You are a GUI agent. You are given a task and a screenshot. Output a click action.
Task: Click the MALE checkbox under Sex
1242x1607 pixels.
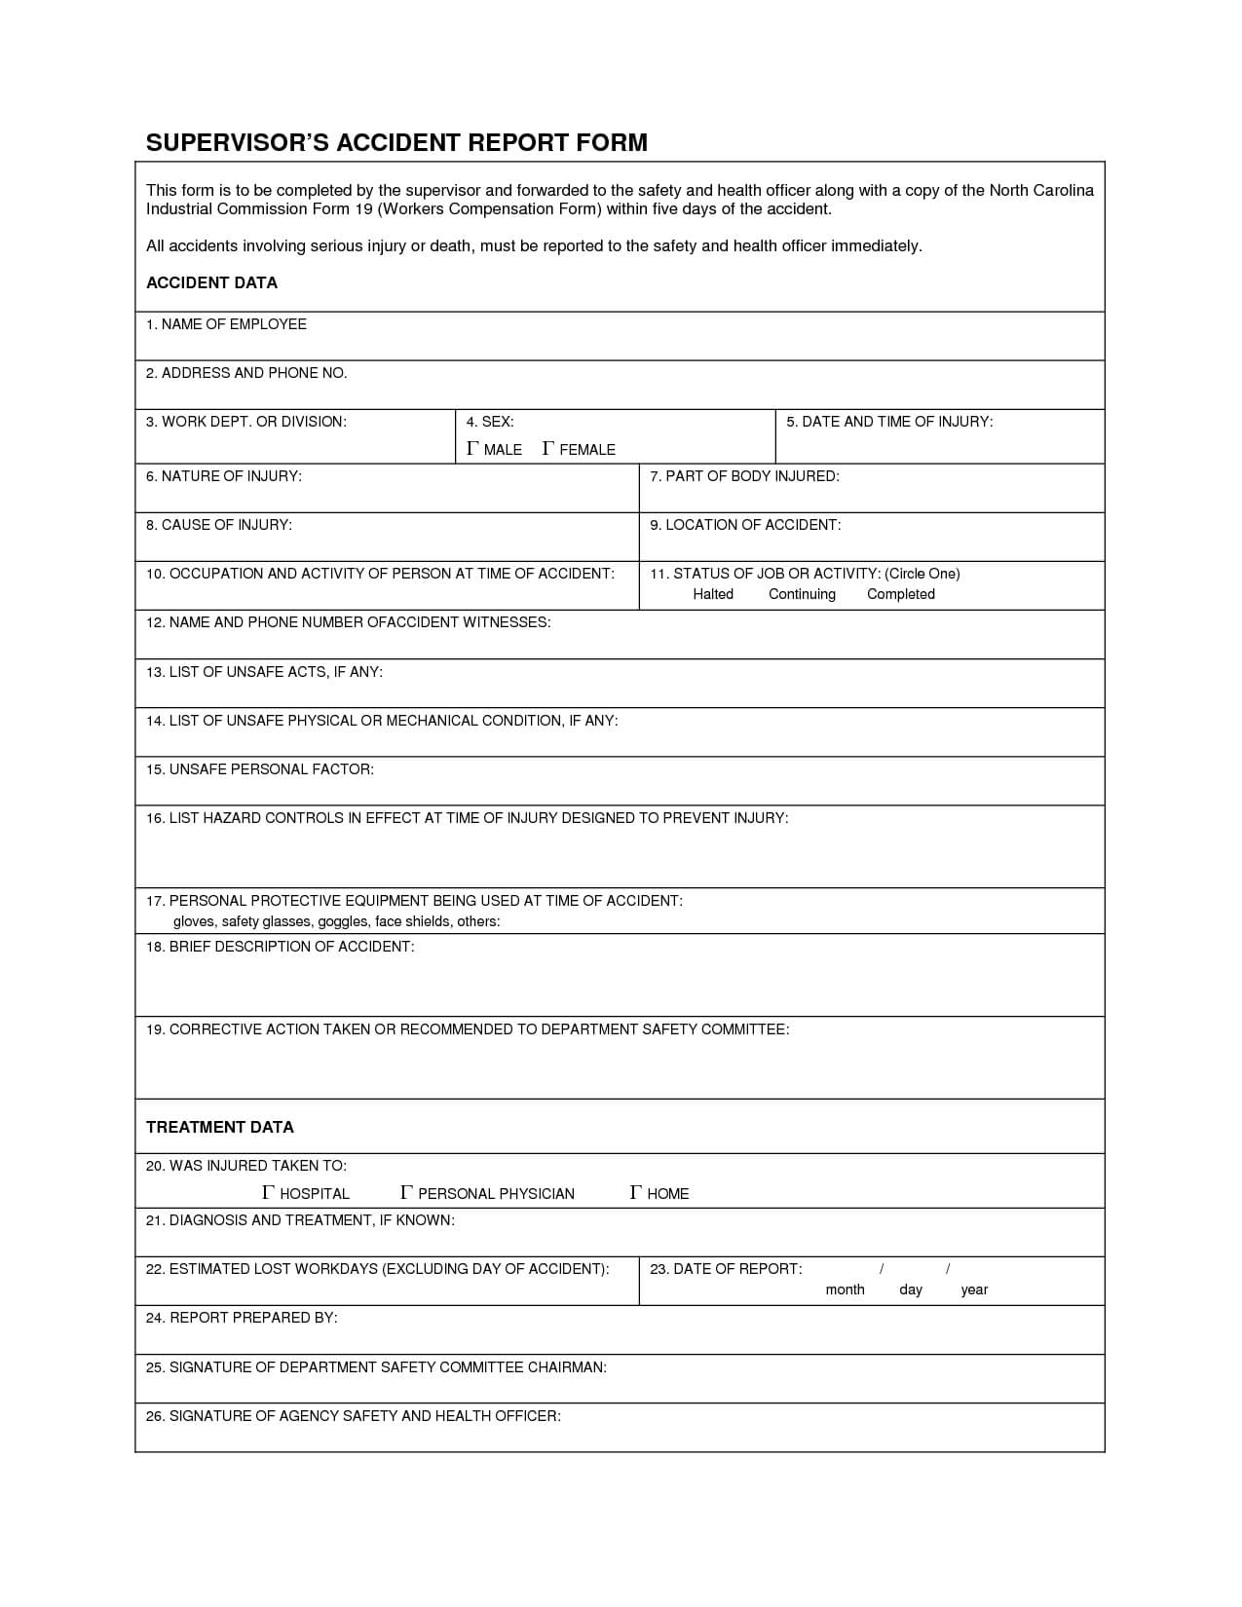click(472, 449)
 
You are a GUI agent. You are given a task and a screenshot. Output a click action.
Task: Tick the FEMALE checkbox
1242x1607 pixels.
click(548, 449)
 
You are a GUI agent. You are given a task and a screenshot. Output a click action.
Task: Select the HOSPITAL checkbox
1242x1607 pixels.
click(269, 1193)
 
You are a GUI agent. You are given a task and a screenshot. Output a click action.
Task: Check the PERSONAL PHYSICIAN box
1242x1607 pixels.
click(407, 1193)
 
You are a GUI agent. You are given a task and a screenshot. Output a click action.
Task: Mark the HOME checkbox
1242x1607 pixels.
click(636, 1193)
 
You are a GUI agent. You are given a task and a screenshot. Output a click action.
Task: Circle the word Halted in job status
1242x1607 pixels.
click(712, 594)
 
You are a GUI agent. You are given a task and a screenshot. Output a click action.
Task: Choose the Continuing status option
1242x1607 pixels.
click(802, 594)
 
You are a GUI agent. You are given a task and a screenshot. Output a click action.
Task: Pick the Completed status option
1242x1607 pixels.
click(900, 594)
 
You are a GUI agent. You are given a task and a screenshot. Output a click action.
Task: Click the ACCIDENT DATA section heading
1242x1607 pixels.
click(211, 282)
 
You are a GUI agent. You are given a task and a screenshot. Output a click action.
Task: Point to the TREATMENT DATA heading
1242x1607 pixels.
click(219, 1127)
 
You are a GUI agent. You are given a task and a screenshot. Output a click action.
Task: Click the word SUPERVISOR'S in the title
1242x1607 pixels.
click(237, 143)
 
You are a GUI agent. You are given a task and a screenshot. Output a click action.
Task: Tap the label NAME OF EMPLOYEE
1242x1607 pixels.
click(234, 324)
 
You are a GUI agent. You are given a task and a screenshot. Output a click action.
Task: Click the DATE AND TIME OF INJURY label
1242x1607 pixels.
click(896, 422)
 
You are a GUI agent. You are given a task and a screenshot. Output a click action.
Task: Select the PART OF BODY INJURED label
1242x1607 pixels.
click(751, 476)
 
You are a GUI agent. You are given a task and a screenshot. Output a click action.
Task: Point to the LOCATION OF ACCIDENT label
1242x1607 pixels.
click(752, 525)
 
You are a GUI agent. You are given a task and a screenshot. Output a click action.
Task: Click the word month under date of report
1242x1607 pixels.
click(845, 1289)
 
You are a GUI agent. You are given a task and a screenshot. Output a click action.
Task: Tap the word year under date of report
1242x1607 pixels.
click(974, 1289)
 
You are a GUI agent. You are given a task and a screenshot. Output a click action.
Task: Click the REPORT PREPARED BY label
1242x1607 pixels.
click(253, 1318)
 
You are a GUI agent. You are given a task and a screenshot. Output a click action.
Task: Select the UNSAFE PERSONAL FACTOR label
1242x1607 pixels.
click(271, 769)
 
